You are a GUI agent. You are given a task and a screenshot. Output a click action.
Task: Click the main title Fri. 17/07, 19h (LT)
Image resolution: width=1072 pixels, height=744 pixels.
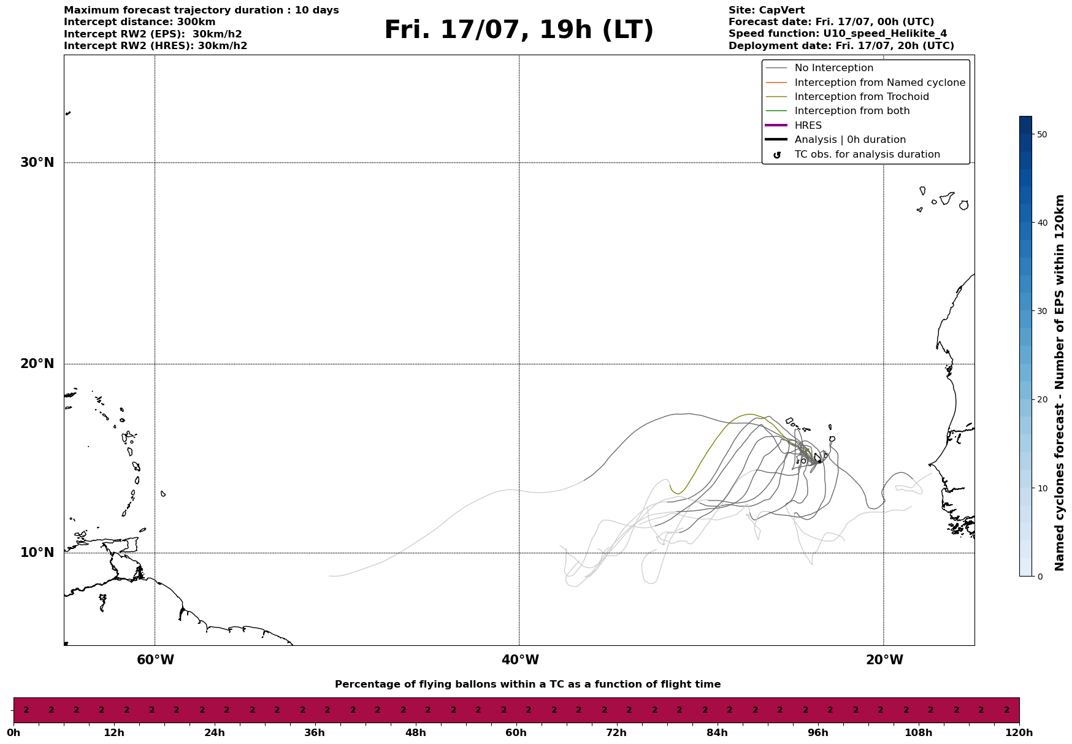coord(519,30)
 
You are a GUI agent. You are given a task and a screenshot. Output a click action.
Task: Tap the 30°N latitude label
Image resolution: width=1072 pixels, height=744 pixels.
coord(37,163)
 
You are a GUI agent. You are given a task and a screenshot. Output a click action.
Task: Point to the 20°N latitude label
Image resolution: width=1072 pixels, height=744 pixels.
coord(37,364)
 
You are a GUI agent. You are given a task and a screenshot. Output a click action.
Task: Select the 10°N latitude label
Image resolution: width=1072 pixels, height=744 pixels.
coord(37,553)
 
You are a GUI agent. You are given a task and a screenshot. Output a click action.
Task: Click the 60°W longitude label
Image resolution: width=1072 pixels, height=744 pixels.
coord(155,660)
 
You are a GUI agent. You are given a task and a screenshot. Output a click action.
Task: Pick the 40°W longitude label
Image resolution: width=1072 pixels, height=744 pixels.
coord(520,660)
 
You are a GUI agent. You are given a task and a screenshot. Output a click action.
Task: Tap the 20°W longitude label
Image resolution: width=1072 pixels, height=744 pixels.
coord(884,660)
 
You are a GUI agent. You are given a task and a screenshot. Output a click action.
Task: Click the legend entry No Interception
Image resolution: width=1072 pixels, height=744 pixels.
coord(834,68)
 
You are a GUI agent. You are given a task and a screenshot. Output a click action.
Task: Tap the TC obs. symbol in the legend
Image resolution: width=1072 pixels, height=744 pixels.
coord(777,155)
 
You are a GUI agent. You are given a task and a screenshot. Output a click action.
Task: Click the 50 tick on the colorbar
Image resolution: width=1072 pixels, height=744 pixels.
coord(1041,134)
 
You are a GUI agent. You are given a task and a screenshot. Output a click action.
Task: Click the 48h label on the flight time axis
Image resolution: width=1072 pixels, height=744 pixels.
coord(415,732)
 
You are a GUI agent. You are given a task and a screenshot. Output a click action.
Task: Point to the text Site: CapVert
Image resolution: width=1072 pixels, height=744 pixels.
coord(767,10)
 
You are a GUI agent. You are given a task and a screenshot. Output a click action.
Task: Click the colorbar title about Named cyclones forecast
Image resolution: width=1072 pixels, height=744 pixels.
coord(1060,383)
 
